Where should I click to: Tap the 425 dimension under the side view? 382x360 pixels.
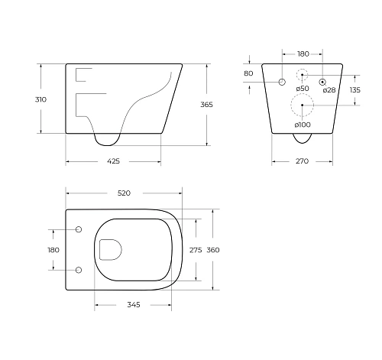(x=112, y=161)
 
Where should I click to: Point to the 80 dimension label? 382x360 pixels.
(x=248, y=73)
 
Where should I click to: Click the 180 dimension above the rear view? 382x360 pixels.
(x=303, y=54)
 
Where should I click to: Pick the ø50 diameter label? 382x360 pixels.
(x=303, y=90)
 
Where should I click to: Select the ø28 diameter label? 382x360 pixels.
(x=329, y=90)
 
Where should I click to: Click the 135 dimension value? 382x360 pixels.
(x=355, y=90)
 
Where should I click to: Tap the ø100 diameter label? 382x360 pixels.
(x=303, y=125)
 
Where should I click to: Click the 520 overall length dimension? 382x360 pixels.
(x=124, y=194)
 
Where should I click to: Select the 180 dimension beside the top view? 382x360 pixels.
(x=53, y=249)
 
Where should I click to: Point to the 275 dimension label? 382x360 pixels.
(x=196, y=249)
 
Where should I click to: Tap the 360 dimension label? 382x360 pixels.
(x=214, y=249)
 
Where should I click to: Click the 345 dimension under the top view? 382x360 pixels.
(x=133, y=305)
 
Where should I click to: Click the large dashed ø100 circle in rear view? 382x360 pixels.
(x=303, y=105)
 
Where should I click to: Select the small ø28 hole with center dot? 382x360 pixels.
(x=323, y=81)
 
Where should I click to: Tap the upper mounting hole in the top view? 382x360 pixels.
(x=79, y=229)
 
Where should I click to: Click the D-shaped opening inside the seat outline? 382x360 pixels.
(x=108, y=249)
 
